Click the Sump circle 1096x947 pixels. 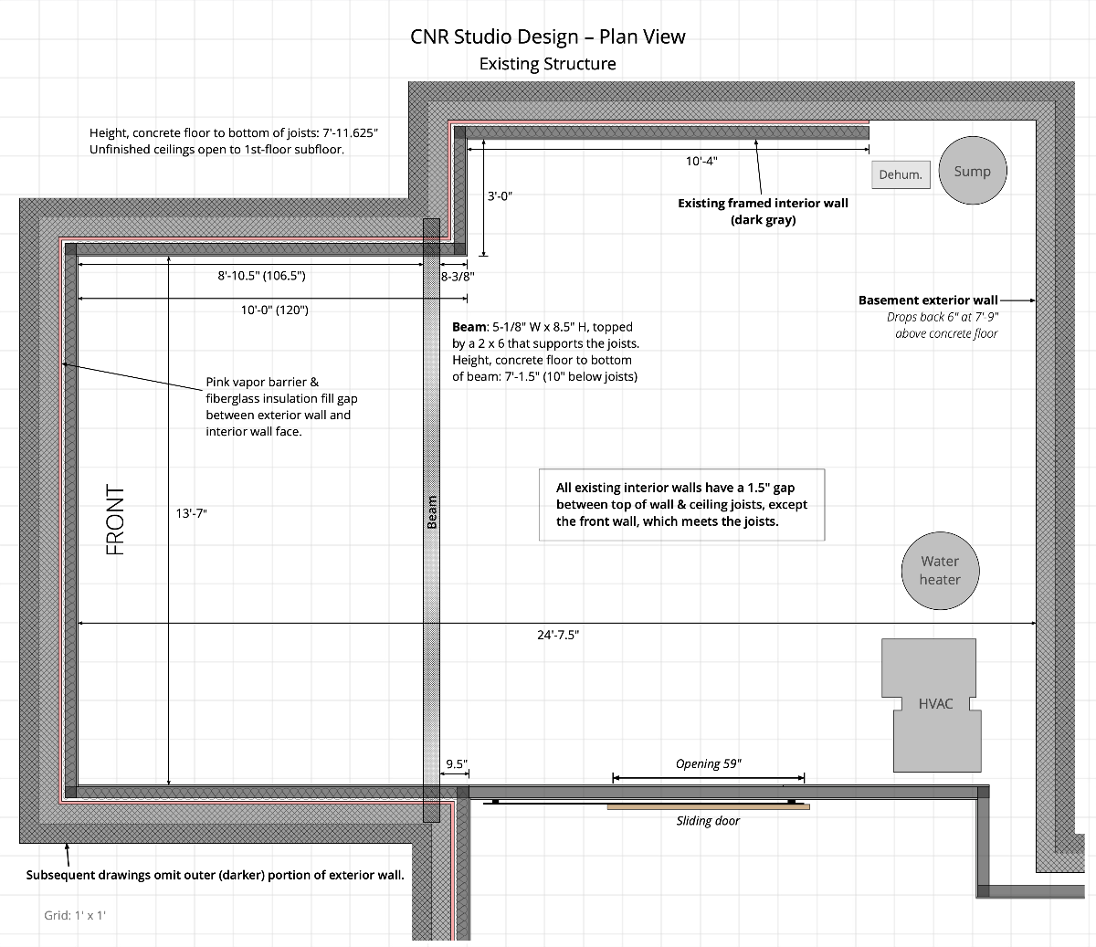point(973,170)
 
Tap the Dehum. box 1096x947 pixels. point(901,174)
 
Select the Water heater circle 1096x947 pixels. point(940,571)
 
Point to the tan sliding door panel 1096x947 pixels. point(709,806)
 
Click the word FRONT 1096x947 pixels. point(115,520)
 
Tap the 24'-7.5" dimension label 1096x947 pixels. point(558,635)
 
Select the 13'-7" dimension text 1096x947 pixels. point(192,513)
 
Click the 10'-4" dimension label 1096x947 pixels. point(701,161)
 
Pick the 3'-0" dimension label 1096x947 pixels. point(500,196)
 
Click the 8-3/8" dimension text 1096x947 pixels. point(458,276)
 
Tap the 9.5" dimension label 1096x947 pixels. point(456,763)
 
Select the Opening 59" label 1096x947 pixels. point(709,763)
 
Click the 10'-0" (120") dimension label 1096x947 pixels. point(275,310)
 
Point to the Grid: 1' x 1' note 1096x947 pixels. point(75,915)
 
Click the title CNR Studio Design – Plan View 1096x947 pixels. point(548,37)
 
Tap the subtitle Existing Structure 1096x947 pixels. point(548,64)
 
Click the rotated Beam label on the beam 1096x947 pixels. point(432,512)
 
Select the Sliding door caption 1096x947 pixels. point(708,821)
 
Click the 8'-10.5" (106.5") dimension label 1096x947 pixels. point(261,275)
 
